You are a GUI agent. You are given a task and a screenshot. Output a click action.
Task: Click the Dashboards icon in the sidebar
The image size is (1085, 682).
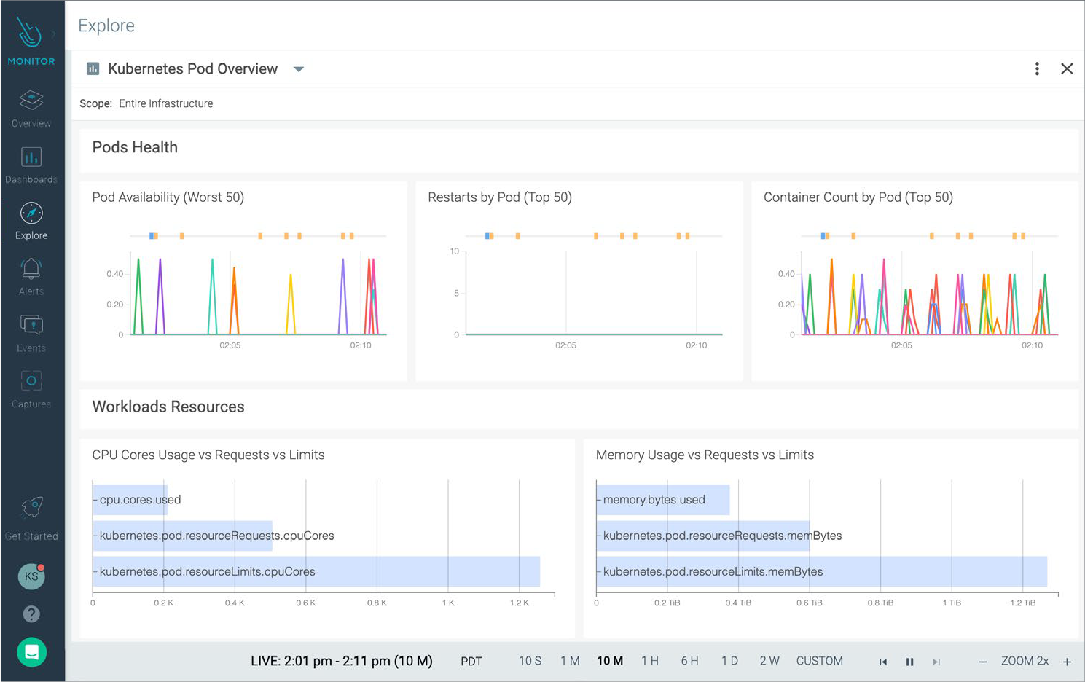(x=31, y=158)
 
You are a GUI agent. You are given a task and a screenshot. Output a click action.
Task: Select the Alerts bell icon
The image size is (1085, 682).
(x=31, y=270)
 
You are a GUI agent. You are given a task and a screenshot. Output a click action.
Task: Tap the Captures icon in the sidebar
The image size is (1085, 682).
(x=31, y=382)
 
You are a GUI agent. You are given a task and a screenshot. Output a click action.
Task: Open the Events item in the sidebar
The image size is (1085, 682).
(x=31, y=326)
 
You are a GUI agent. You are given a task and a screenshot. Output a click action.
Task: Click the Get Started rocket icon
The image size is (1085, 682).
(x=31, y=507)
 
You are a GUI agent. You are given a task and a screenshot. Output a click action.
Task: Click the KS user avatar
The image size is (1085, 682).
(x=31, y=576)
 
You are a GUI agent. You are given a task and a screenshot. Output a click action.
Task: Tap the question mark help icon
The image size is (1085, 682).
(x=31, y=614)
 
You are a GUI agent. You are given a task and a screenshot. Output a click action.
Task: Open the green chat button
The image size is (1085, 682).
(x=31, y=652)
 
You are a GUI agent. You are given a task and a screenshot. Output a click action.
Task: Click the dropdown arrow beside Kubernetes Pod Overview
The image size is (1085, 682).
(x=299, y=69)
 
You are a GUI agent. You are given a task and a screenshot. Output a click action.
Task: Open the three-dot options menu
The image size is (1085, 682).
(x=1037, y=68)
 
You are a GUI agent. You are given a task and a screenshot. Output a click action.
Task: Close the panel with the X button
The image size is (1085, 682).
(x=1067, y=68)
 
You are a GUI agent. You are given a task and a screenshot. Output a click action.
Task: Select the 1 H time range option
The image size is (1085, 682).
(x=650, y=661)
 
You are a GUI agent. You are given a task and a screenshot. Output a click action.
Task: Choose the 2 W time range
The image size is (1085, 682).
(x=769, y=661)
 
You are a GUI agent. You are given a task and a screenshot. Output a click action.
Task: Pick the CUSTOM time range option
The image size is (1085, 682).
(x=819, y=661)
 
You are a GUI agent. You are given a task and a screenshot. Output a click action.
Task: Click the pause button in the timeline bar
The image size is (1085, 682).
(x=909, y=662)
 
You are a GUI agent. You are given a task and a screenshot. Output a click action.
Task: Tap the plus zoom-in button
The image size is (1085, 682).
(x=1067, y=662)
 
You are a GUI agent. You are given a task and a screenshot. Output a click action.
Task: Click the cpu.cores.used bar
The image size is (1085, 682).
(x=131, y=500)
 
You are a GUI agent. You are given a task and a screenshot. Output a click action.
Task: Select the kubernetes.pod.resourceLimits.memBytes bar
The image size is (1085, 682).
(x=821, y=571)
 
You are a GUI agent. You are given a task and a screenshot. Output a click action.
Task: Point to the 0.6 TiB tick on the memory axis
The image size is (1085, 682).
(x=809, y=603)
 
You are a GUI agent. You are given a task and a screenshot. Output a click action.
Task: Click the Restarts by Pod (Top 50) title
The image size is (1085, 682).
(x=500, y=197)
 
